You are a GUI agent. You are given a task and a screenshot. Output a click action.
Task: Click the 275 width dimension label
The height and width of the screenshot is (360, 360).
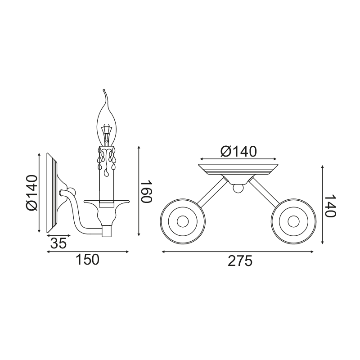240,261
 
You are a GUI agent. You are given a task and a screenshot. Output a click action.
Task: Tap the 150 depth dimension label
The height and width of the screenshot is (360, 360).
87,260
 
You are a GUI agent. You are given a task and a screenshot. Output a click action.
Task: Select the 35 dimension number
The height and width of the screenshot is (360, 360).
58,243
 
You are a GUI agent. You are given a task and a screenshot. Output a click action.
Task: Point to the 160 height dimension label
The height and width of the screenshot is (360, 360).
146,192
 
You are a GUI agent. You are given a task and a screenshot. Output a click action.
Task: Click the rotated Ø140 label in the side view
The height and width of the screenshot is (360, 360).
32,193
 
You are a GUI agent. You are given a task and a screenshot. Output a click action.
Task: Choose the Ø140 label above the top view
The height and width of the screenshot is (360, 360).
238,152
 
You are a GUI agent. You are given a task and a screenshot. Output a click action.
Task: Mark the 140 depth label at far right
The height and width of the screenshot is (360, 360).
330,206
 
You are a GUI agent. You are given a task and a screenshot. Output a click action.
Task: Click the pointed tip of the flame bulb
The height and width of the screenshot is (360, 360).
104,90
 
